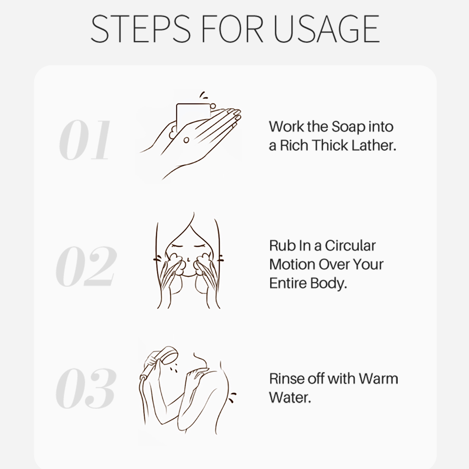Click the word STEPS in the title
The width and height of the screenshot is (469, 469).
coord(140,28)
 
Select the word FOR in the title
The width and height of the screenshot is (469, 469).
coord(232,28)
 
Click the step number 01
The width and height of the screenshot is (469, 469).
coord(84,140)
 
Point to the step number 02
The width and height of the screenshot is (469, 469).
coord(86,266)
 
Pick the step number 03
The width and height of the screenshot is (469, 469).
coord(86,388)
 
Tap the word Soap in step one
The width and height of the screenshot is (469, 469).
coord(348,127)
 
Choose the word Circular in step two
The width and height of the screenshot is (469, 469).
coord(350,246)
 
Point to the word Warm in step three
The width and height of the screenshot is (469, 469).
coord(378,379)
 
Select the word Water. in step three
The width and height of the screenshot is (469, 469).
coord(290,398)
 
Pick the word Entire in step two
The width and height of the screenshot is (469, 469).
coord(288,283)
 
